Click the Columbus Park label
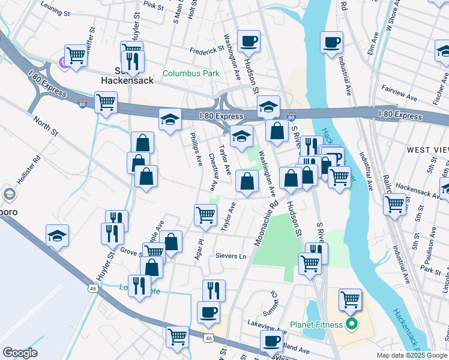(191, 74)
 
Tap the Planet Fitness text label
(316, 325)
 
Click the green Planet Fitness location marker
(352, 325)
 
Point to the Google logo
(20, 353)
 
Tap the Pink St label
(154, 5)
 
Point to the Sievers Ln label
(231, 256)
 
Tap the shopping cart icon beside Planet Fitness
(350, 299)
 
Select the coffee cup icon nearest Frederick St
(248, 42)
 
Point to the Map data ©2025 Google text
(412, 355)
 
